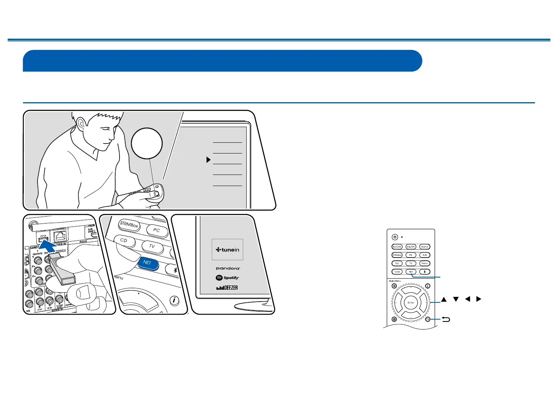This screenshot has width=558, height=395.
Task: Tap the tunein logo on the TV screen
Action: (x=227, y=250)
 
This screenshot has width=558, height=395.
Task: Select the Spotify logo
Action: (x=227, y=278)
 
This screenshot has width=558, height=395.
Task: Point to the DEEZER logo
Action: (x=227, y=287)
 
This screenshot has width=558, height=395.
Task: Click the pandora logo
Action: (x=228, y=268)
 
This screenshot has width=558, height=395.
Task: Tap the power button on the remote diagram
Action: (x=395, y=237)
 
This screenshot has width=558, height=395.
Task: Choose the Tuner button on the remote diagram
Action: (x=397, y=272)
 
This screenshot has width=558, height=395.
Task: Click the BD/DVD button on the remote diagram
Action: (x=397, y=247)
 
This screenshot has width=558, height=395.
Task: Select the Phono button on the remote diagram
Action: (x=424, y=263)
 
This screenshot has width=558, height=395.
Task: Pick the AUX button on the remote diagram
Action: (x=424, y=255)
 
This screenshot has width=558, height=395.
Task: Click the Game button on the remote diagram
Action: (x=424, y=247)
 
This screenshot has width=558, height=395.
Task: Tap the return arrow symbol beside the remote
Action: (x=446, y=319)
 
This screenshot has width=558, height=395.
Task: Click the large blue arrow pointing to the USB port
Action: (x=47, y=247)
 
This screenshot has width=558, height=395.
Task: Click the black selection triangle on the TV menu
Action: (x=208, y=160)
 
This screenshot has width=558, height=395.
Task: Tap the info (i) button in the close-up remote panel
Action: (x=174, y=300)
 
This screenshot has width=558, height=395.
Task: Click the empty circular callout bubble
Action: (x=147, y=143)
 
